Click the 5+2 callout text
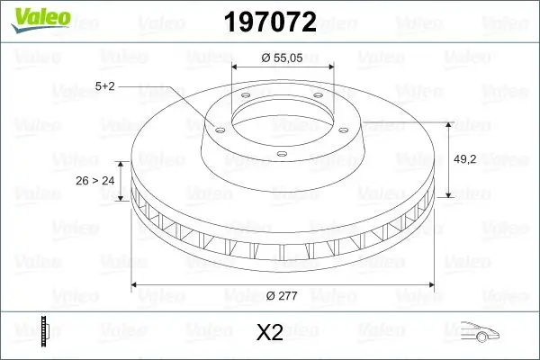105,86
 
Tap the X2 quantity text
270,332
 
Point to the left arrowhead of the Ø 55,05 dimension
236,67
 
